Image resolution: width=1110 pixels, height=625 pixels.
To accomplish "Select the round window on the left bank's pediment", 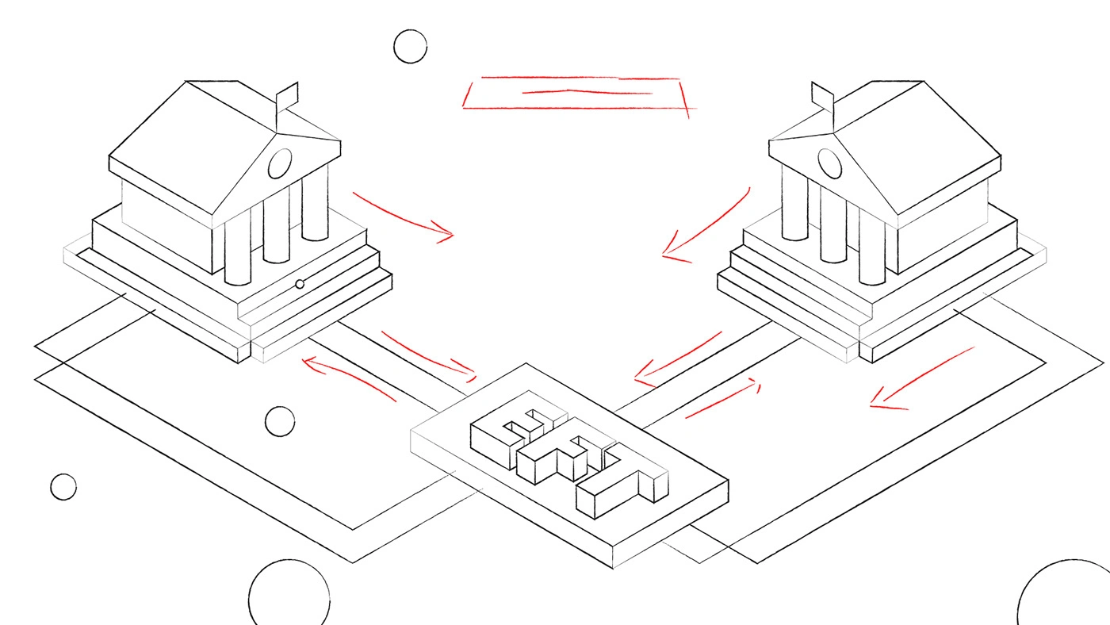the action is [280, 163].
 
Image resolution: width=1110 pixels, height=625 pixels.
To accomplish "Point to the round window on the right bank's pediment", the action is [829, 163].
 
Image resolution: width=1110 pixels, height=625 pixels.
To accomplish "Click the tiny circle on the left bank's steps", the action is [300, 284].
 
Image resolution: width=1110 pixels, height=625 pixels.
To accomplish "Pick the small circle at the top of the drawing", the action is [411, 47].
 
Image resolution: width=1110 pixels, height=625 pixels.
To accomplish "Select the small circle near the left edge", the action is [63, 487].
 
